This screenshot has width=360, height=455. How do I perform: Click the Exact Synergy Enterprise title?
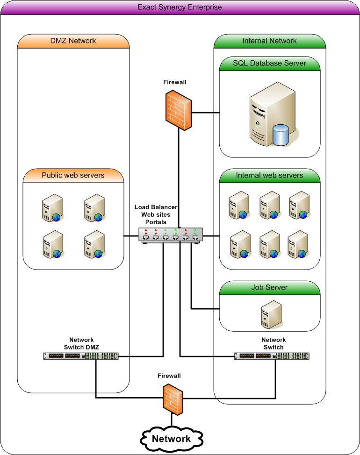tap(180, 7)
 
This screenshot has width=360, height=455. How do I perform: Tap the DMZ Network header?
tap(73, 41)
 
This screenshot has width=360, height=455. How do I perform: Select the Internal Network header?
tap(269, 41)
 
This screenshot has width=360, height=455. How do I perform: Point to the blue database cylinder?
tap(281, 135)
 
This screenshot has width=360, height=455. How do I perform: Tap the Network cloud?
tap(171, 439)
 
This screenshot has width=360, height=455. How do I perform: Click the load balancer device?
tap(171, 235)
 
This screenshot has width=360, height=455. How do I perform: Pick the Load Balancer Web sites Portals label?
tap(156, 214)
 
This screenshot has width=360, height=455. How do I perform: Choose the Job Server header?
tap(269, 288)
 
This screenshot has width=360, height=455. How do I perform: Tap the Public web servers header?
tap(73, 176)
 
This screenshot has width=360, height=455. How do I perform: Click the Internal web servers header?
tap(269, 176)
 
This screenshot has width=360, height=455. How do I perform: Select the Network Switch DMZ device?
tap(81, 356)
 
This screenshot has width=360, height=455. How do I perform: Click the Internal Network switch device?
tap(272, 356)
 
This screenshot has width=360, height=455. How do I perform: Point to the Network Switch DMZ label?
tap(81, 343)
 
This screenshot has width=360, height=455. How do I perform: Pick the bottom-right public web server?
tap(94, 246)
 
